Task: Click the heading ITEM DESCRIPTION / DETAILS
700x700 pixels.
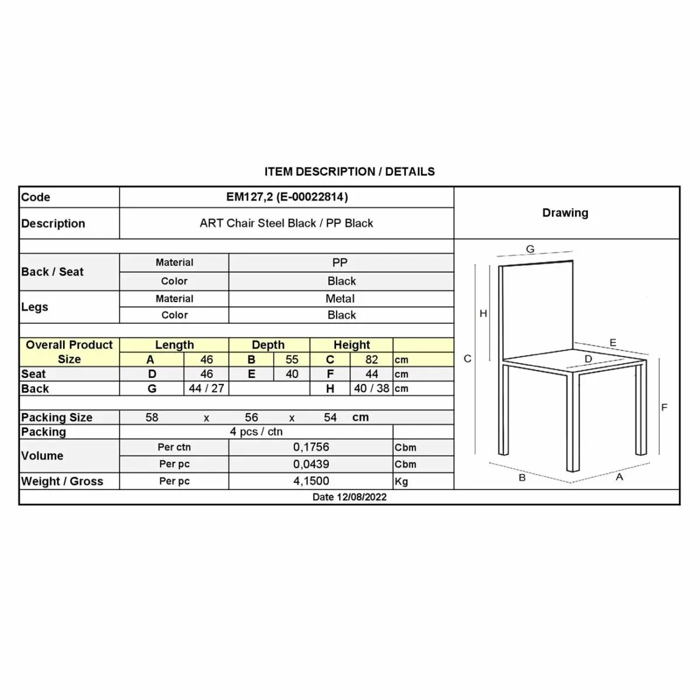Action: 349,171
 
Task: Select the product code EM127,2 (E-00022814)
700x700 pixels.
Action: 287,197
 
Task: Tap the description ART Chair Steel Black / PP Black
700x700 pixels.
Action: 286,223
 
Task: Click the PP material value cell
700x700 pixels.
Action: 340,262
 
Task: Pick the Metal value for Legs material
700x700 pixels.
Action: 340,299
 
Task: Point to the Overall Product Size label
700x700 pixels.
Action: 69,352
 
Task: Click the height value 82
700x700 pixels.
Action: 372,360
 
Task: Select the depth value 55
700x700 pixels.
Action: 292,360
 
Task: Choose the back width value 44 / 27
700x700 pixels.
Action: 206,388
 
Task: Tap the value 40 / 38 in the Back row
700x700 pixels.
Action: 372,388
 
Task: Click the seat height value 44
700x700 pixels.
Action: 372,374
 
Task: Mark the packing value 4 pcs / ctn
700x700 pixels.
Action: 256,432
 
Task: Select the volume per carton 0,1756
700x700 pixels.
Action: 311,447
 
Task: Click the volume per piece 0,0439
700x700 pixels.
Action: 311,464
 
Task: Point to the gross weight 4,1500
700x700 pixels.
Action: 311,481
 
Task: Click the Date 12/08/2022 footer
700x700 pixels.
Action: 349,497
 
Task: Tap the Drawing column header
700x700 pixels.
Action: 565,213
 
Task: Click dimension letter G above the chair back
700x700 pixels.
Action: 530,249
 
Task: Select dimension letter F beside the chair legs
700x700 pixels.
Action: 664,407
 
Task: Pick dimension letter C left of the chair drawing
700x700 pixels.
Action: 467,359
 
